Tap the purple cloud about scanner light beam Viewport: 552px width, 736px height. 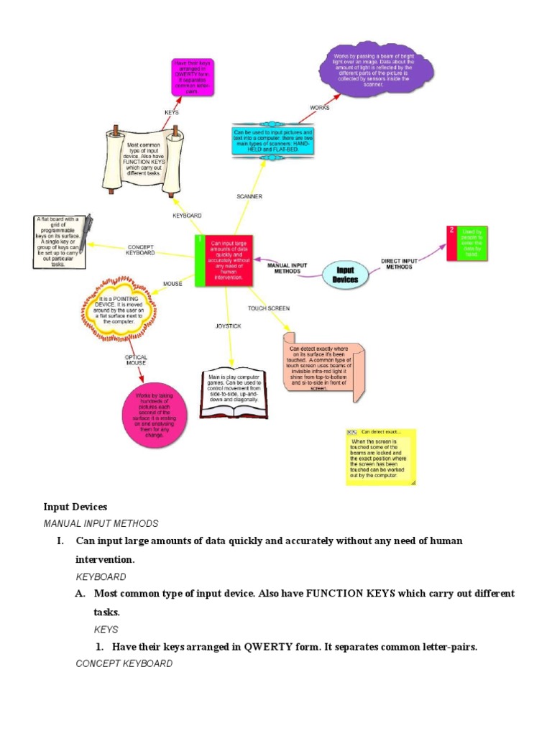[376, 70]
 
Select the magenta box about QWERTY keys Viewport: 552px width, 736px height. [191, 78]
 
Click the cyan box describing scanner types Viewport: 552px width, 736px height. [272, 141]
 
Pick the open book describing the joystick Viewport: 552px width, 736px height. [234, 392]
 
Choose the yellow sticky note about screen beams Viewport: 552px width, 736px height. [381, 457]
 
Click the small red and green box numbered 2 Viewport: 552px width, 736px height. [467, 244]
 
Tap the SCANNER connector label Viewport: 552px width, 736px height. [249, 196]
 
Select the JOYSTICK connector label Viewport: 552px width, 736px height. [229, 326]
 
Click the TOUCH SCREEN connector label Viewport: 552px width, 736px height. [269, 308]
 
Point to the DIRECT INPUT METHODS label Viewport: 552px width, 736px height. [400, 264]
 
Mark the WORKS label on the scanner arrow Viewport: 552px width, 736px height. [320, 108]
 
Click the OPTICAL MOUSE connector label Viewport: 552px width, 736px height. [136, 360]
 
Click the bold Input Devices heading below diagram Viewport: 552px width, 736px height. [75, 507]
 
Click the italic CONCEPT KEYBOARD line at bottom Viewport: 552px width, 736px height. [124, 663]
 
